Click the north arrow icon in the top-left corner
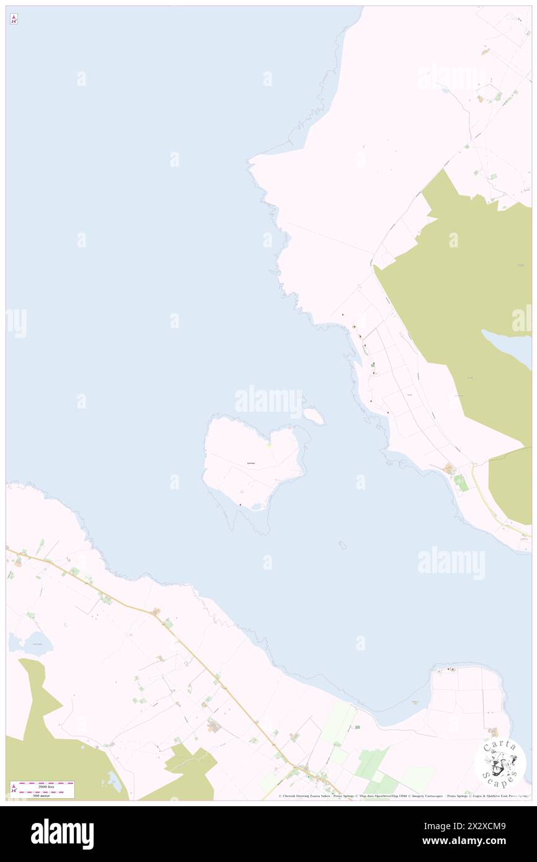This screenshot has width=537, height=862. (x=14, y=19)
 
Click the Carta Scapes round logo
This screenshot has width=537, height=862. (x=500, y=763)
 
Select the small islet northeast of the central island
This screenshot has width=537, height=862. (x=314, y=416)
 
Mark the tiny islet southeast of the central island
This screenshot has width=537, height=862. (x=342, y=545)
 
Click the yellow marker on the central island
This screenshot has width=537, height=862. (x=269, y=445)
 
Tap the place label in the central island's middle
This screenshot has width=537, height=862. (x=251, y=463)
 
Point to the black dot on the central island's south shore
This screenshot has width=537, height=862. (x=240, y=504)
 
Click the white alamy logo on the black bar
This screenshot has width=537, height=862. (x=63, y=833)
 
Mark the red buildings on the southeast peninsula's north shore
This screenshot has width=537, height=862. (x=452, y=669)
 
